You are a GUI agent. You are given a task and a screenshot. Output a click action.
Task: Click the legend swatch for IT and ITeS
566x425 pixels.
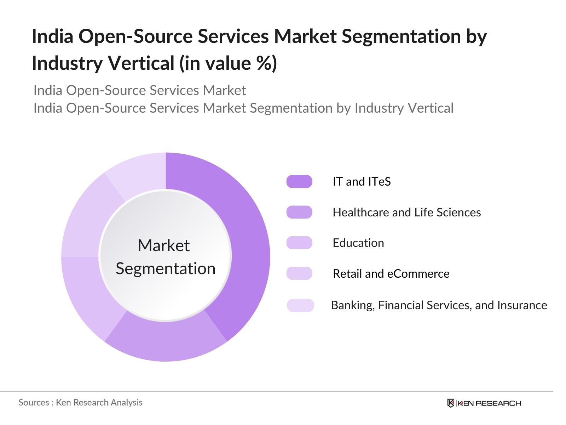click(299, 181)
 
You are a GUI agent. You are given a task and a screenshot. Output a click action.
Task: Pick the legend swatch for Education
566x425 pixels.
click(299, 243)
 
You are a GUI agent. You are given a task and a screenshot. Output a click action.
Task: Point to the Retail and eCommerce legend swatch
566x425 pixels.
click(299, 273)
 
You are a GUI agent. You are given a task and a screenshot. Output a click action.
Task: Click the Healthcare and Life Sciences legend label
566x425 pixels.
click(407, 212)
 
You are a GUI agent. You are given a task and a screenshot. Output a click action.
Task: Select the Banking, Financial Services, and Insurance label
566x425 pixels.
click(439, 305)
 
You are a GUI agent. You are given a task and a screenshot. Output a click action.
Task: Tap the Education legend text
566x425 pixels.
click(358, 243)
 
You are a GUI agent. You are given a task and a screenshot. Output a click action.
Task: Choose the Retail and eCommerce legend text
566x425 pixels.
click(391, 273)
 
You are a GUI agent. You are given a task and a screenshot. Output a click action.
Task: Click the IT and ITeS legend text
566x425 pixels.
click(362, 181)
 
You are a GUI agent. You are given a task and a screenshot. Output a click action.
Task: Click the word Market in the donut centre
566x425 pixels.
click(164, 245)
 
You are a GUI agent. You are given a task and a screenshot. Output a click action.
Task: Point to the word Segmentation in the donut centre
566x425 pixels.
click(166, 268)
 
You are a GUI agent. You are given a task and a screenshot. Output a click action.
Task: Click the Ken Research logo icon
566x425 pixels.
click(451, 403)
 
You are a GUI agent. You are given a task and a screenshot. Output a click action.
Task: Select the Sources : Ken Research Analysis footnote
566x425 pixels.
click(80, 402)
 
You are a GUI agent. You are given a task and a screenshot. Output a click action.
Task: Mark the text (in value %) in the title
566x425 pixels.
click(228, 63)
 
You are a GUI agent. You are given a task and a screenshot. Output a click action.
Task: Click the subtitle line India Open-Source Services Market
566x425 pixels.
click(139, 90)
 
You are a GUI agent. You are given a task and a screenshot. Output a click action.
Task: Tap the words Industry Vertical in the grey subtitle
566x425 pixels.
click(404, 108)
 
